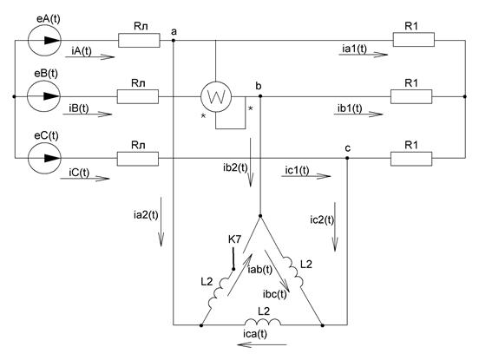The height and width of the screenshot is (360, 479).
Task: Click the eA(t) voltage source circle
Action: click(44, 40)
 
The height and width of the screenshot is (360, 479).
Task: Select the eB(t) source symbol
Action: click(43, 96)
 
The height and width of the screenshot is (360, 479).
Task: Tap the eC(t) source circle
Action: click(44, 158)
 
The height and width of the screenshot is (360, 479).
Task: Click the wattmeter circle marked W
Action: click(216, 97)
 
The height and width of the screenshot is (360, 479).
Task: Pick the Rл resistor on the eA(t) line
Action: click(139, 40)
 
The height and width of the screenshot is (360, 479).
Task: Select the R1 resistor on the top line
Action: click(414, 40)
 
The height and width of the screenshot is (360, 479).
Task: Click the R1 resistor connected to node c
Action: click(411, 159)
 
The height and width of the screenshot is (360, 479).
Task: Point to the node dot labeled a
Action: click(174, 40)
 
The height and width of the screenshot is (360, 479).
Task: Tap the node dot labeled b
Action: click(260, 96)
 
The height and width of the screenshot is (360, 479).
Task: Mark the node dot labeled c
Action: click(347, 158)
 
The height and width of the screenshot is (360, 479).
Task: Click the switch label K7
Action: click(234, 240)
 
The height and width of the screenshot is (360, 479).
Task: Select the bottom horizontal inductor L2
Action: click(262, 322)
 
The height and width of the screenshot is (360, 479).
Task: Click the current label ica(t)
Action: click(255, 334)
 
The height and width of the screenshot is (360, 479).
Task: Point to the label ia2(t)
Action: click(146, 215)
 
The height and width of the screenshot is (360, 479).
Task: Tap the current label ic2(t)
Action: click(322, 219)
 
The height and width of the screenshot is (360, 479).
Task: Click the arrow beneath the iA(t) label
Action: click(90, 57)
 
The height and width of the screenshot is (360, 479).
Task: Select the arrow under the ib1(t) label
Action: click(358, 115)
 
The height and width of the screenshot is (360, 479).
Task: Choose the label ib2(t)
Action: click(235, 167)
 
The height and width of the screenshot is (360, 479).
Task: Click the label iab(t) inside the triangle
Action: click(260, 270)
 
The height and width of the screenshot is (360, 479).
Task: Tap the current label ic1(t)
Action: click(297, 170)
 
